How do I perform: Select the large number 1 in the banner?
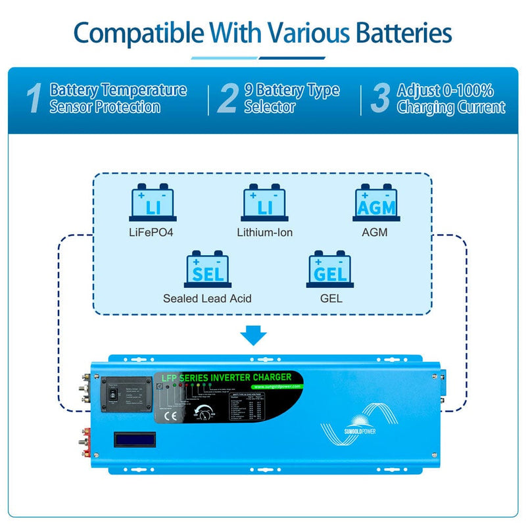coord(35,99)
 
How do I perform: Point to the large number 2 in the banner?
coord(227,99)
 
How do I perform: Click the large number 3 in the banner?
coord(380,99)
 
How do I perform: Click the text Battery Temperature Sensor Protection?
coord(118,99)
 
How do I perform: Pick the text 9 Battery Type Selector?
coord(291,99)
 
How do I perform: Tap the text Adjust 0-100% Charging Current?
coord(450,99)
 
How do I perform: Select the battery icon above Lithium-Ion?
coord(264,204)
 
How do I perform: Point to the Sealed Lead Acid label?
coord(207,299)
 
